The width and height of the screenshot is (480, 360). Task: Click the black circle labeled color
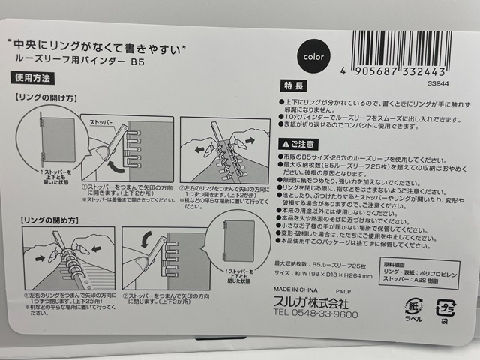(310, 56)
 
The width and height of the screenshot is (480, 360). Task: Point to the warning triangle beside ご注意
(284, 144)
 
